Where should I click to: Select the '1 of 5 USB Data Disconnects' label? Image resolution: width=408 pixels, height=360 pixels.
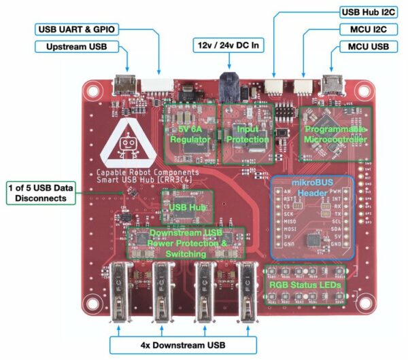click(x=39, y=192)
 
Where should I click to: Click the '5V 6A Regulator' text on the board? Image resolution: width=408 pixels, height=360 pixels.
click(x=190, y=133)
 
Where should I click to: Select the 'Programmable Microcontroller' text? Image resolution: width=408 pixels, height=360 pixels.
click(x=335, y=134)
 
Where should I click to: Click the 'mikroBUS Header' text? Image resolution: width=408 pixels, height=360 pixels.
click(x=313, y=187)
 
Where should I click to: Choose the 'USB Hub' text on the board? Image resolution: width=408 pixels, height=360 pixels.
click(x=187, y=206)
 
